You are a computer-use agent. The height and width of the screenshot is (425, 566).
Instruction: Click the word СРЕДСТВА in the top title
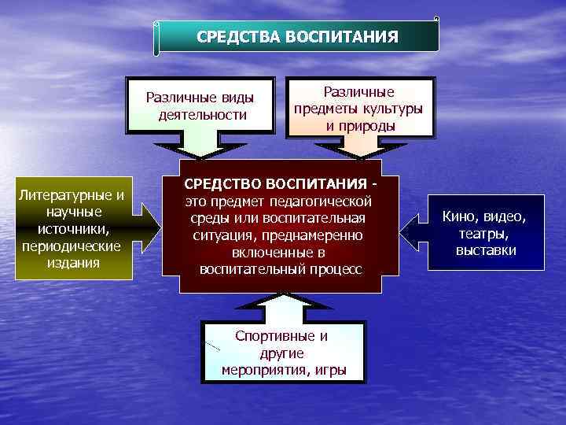point(233,37)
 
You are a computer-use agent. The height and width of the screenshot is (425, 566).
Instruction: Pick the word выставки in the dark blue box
point(486,250)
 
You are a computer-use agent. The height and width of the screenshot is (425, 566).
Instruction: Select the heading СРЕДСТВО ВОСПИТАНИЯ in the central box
point(274,184)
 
